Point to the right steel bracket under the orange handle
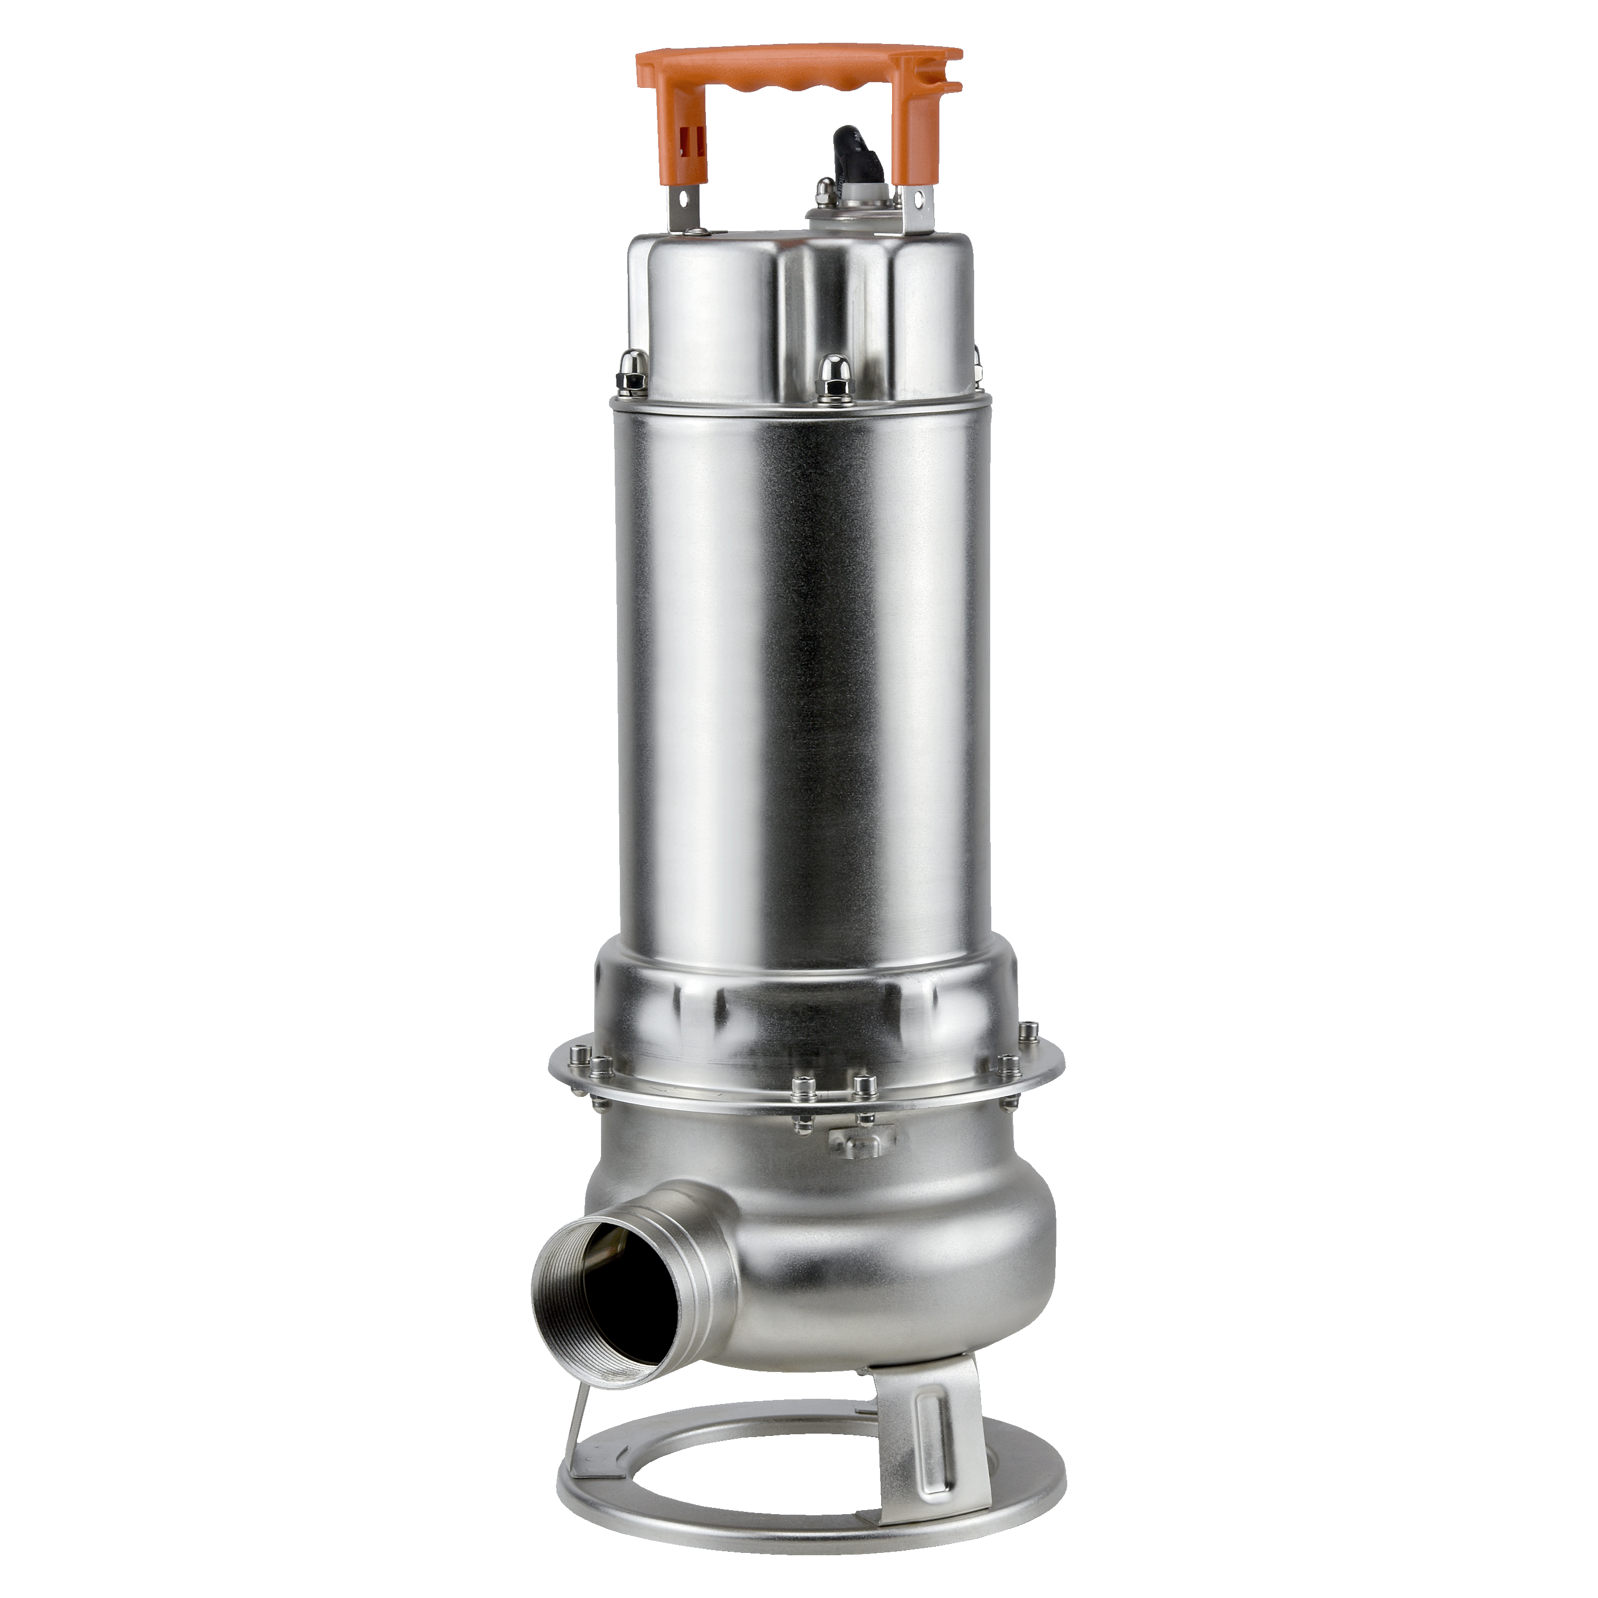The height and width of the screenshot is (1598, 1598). click(x=920, y=207)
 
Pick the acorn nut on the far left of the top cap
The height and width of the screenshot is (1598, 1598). click(x=633, y=368)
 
